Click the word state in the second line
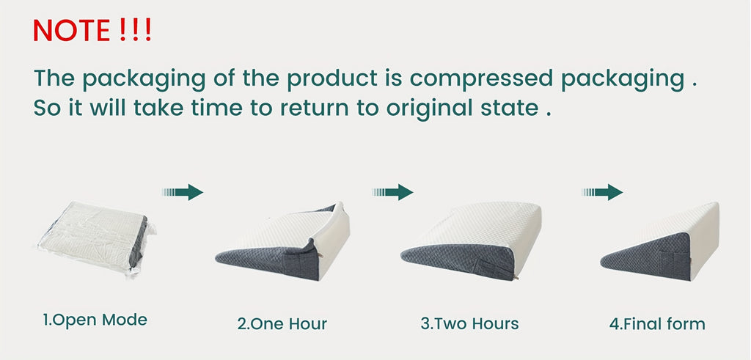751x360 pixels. (508, 107)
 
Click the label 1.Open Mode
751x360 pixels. (95, 320)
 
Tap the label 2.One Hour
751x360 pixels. (282, 323)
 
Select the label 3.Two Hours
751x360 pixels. (469, 323)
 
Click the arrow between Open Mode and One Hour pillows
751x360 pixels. (182, 192)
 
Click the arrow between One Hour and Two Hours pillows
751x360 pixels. (392, 192)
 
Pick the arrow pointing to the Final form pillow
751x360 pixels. (602, 192)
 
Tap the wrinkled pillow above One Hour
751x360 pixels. (283, 242)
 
